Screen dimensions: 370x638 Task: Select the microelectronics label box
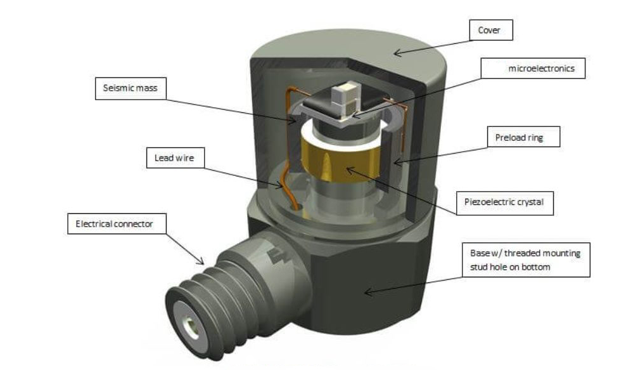(x=533, y=69)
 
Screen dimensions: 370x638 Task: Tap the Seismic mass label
(x=129, y=88)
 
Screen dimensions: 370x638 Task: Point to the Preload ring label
(x=523, y=136)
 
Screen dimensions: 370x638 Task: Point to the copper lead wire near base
(x=289, y=187)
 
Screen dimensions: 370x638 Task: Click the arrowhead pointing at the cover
(x=395, y=53)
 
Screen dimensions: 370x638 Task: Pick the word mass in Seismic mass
(x=146, y=88)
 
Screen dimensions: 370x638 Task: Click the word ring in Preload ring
(x=536, y=136)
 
